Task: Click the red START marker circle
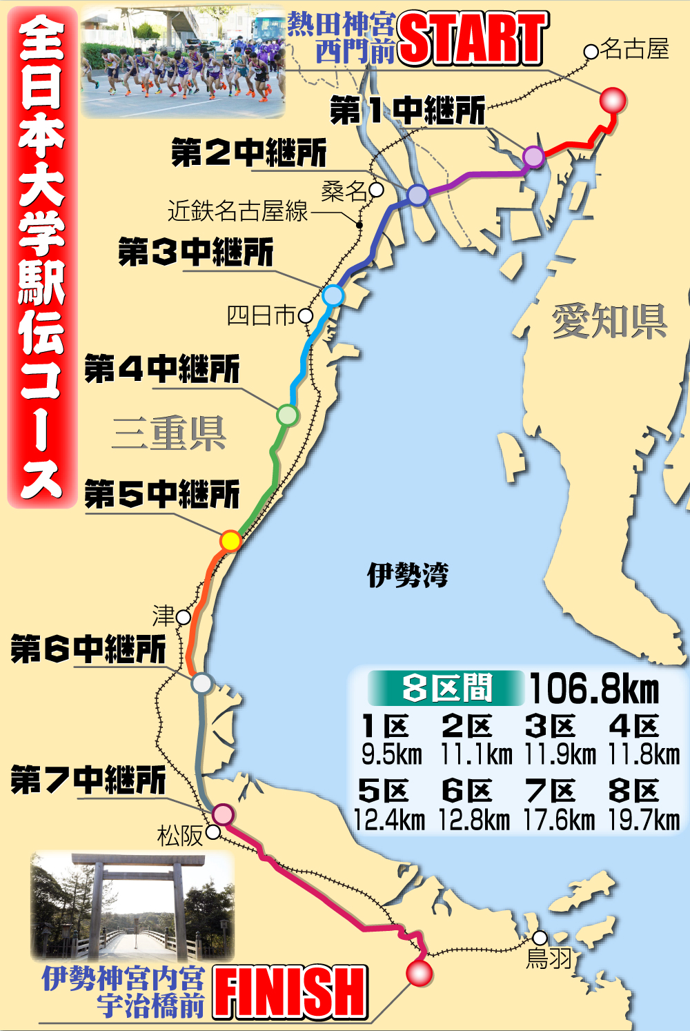pyautogui.click(x=612, y=101)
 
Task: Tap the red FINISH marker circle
pyautogui.click(x=419, y=973)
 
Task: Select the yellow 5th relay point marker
pyautogui.click(x=230, y=540)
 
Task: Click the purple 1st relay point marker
pyautogui.click(x=533, y=157)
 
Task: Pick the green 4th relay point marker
pyautogui.click(x=287, y=415)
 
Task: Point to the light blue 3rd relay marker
pyautogui.click(x=333, y=295)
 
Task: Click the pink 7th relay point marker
pyautogui.click(x=223, y=814)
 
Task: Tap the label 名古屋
pyautogui.click(x=634, y=49)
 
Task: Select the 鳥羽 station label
pyautogui.click(x=549, y=959)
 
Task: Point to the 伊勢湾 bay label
pyautogui.click(x=408, y=574)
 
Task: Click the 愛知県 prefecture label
pyautogui.click(x=609, y=322)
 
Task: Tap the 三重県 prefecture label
pyautogui.click(x=169, y=433)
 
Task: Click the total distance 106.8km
pyautogui.click(x=594, y=689)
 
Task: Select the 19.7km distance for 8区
pyautogui.click(x=644, y=820)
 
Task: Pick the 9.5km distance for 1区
pyautogui.click(x=391, y=754)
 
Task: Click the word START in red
pyautogui.click(x=473, y=39)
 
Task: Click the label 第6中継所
pyautogui.click(x=88, y=649)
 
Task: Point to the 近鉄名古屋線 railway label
pyautogui.click(x=237, y=211)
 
